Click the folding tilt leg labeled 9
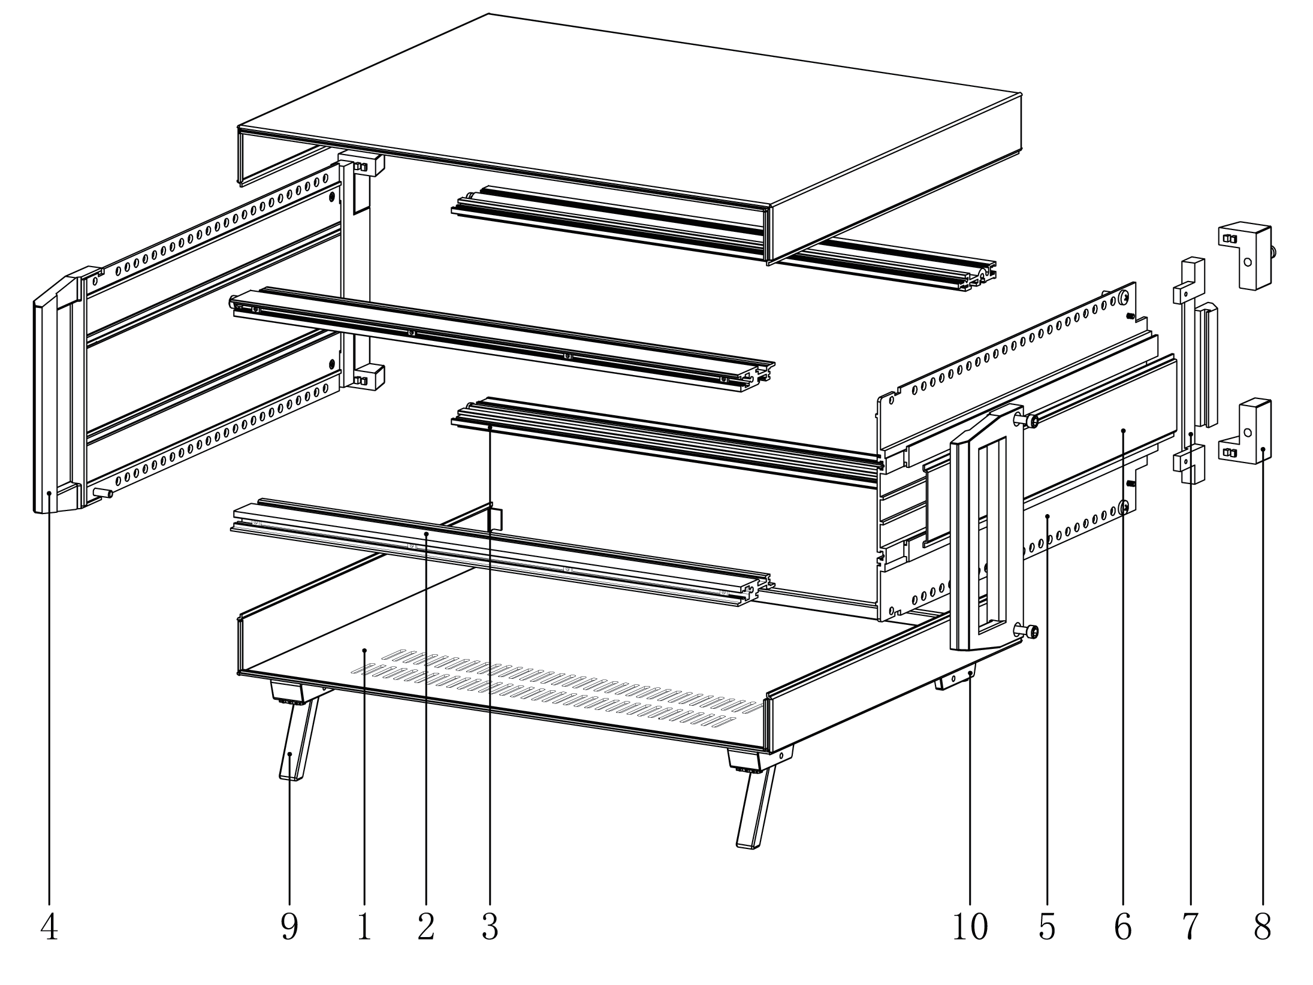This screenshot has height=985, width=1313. tap(294, 743)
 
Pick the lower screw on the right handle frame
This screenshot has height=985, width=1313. tap(1030, 631)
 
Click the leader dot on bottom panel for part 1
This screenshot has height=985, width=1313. tap(364, 650)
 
